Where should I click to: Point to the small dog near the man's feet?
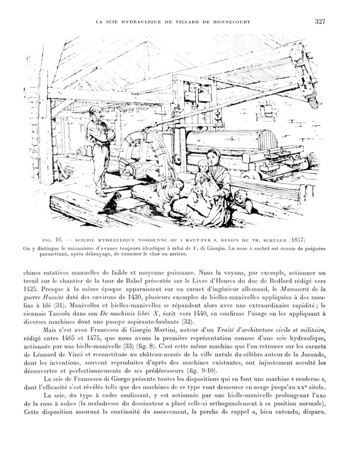113,202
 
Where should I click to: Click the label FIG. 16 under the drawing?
53,239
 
